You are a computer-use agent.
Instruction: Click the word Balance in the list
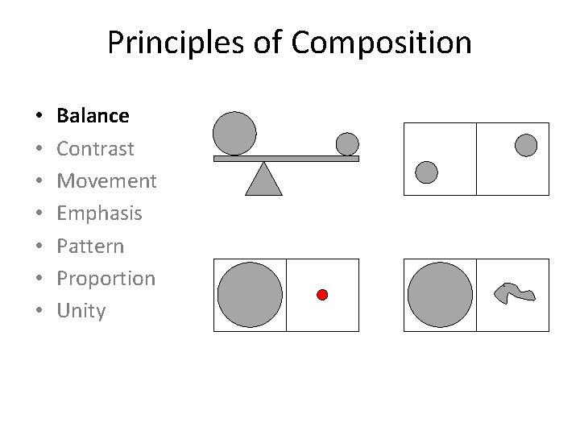pos(93,116)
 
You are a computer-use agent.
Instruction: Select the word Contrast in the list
pos(95,149)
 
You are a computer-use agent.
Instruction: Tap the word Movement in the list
pos(106,181)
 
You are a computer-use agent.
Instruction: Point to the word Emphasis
pos(99,213)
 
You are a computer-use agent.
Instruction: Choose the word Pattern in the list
pos(90,246)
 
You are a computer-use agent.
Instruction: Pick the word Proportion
pos(106,279)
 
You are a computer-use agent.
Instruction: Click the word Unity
pos(81,311)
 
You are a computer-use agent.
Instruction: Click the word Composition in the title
pos(382,43)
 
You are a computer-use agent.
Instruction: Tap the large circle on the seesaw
pos(234,133)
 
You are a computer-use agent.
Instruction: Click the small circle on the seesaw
pos(347,143)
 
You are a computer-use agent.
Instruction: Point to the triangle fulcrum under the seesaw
pos(263,180)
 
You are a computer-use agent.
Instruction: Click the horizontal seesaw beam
pos(286,159)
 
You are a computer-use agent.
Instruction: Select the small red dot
pos(322,295)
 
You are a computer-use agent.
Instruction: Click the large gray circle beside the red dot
pos(250,295)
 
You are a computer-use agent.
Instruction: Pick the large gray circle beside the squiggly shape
pos(440,295)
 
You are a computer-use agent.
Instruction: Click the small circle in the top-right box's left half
pos(426,172)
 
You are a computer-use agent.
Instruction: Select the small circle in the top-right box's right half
pos(525,145)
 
